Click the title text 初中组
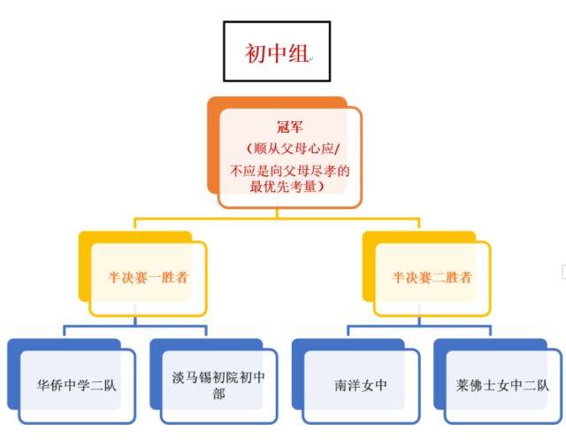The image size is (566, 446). coord(275,54)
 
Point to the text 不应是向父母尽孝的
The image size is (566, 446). coord(289,169)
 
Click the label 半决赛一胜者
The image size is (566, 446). coord(147,277)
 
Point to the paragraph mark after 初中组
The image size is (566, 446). coord(310,58)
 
